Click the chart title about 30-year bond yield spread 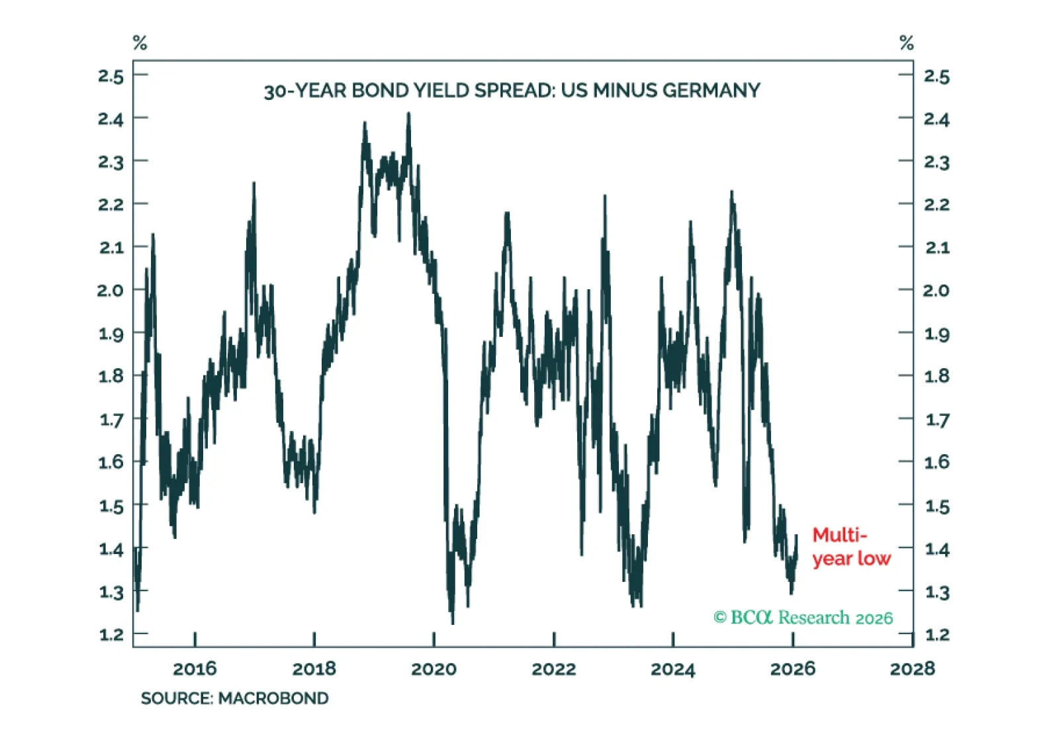(512, 90)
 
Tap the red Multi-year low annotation (851, 547)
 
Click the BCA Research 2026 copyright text (803, 618)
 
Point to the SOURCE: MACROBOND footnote (234, 698)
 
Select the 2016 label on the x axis (195, 669)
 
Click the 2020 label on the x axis (434, 669)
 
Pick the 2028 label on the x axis (912, 669)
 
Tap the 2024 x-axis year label (672, 669)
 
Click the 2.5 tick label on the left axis (111, 76)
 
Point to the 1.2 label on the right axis (937, 635)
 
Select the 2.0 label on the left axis (111, 290)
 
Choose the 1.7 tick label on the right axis (937, 419)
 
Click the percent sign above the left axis (140, 44)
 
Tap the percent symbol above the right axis (906, 44)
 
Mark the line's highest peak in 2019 (408, 114)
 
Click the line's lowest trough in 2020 (453, 622)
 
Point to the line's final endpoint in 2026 (796, 536)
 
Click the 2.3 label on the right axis (937, 162)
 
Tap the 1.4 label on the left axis (111, 549)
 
